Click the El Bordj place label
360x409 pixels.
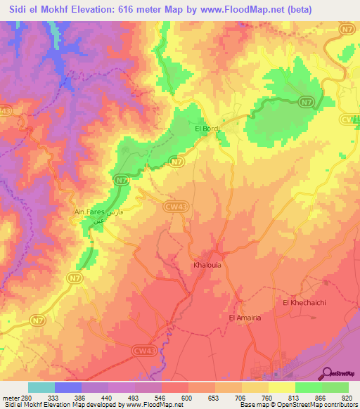click(x=207, y=129)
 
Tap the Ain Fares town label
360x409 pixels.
click(x=89, y=211)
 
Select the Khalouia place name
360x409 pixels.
click(x=207, y=266)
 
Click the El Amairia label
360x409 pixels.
click(x=245, y=318)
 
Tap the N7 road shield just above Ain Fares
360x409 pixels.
click(x=122, y=181)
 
